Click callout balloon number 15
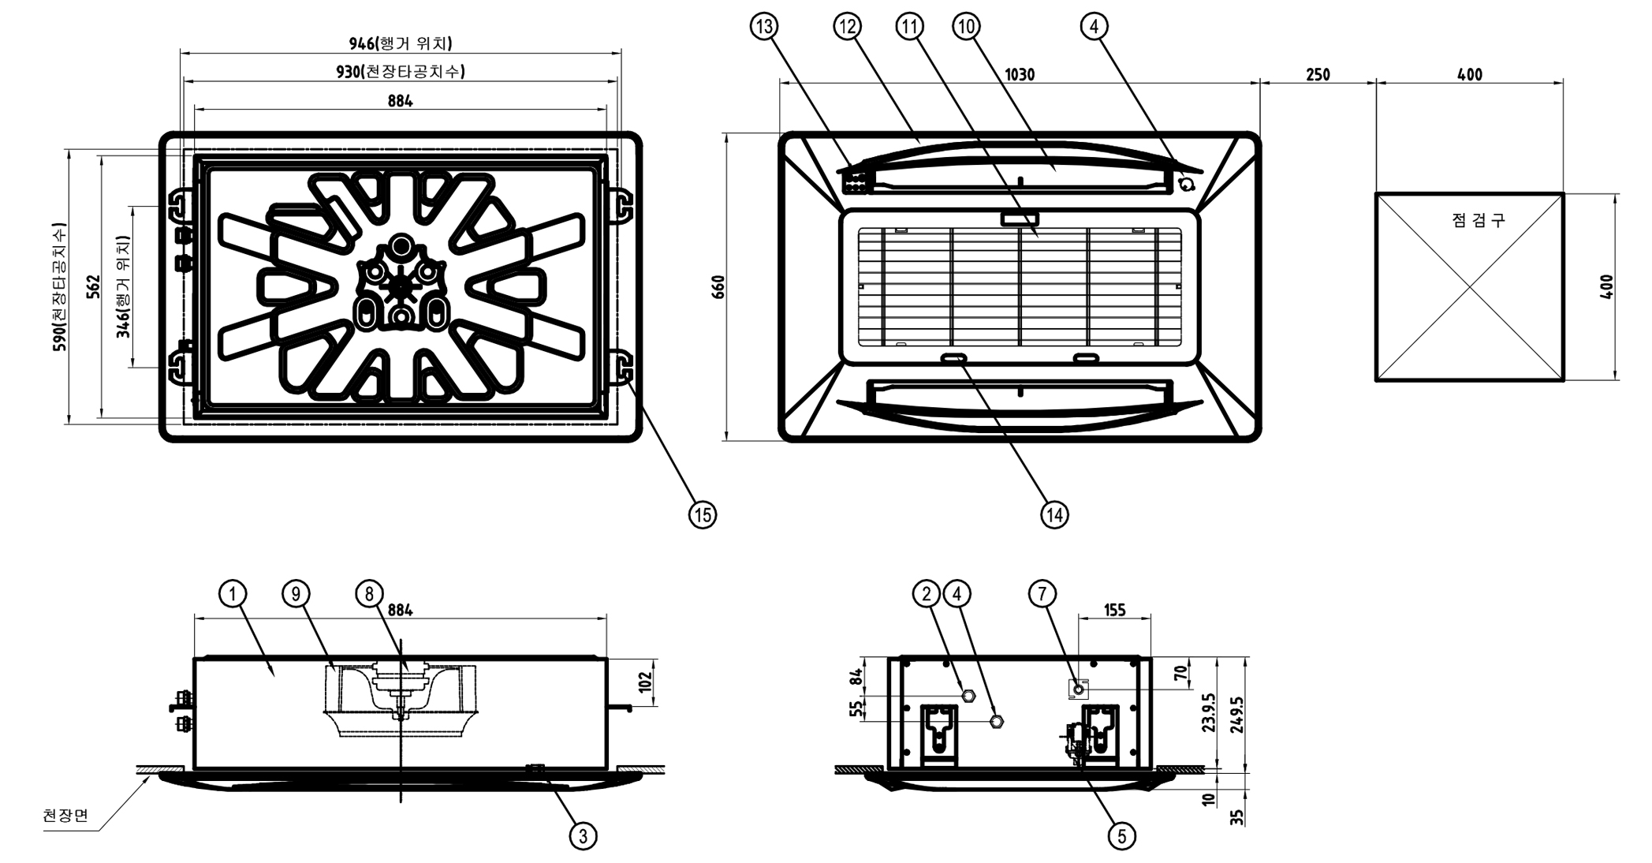coord(702,514)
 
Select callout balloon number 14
coord(1054,514)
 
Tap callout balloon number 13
coord(763,27)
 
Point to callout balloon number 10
coord(966,27)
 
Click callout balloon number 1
coord(232,593)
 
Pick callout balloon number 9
coord(296,593)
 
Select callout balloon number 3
coord(583,835)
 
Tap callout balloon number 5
coord(1121,835)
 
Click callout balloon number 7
coord(1042,593)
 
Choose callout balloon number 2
coord(927,593)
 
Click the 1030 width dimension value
coord(1020,75)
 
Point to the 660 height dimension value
coord(718,286)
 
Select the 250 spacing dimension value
coord(1318,75)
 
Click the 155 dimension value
coord(1114,610)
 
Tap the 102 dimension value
coord(646,682)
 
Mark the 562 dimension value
coord(93,286)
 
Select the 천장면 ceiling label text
coord(65,815)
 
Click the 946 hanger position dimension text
coord(401,43)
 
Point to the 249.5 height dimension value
coord(1236,715)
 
